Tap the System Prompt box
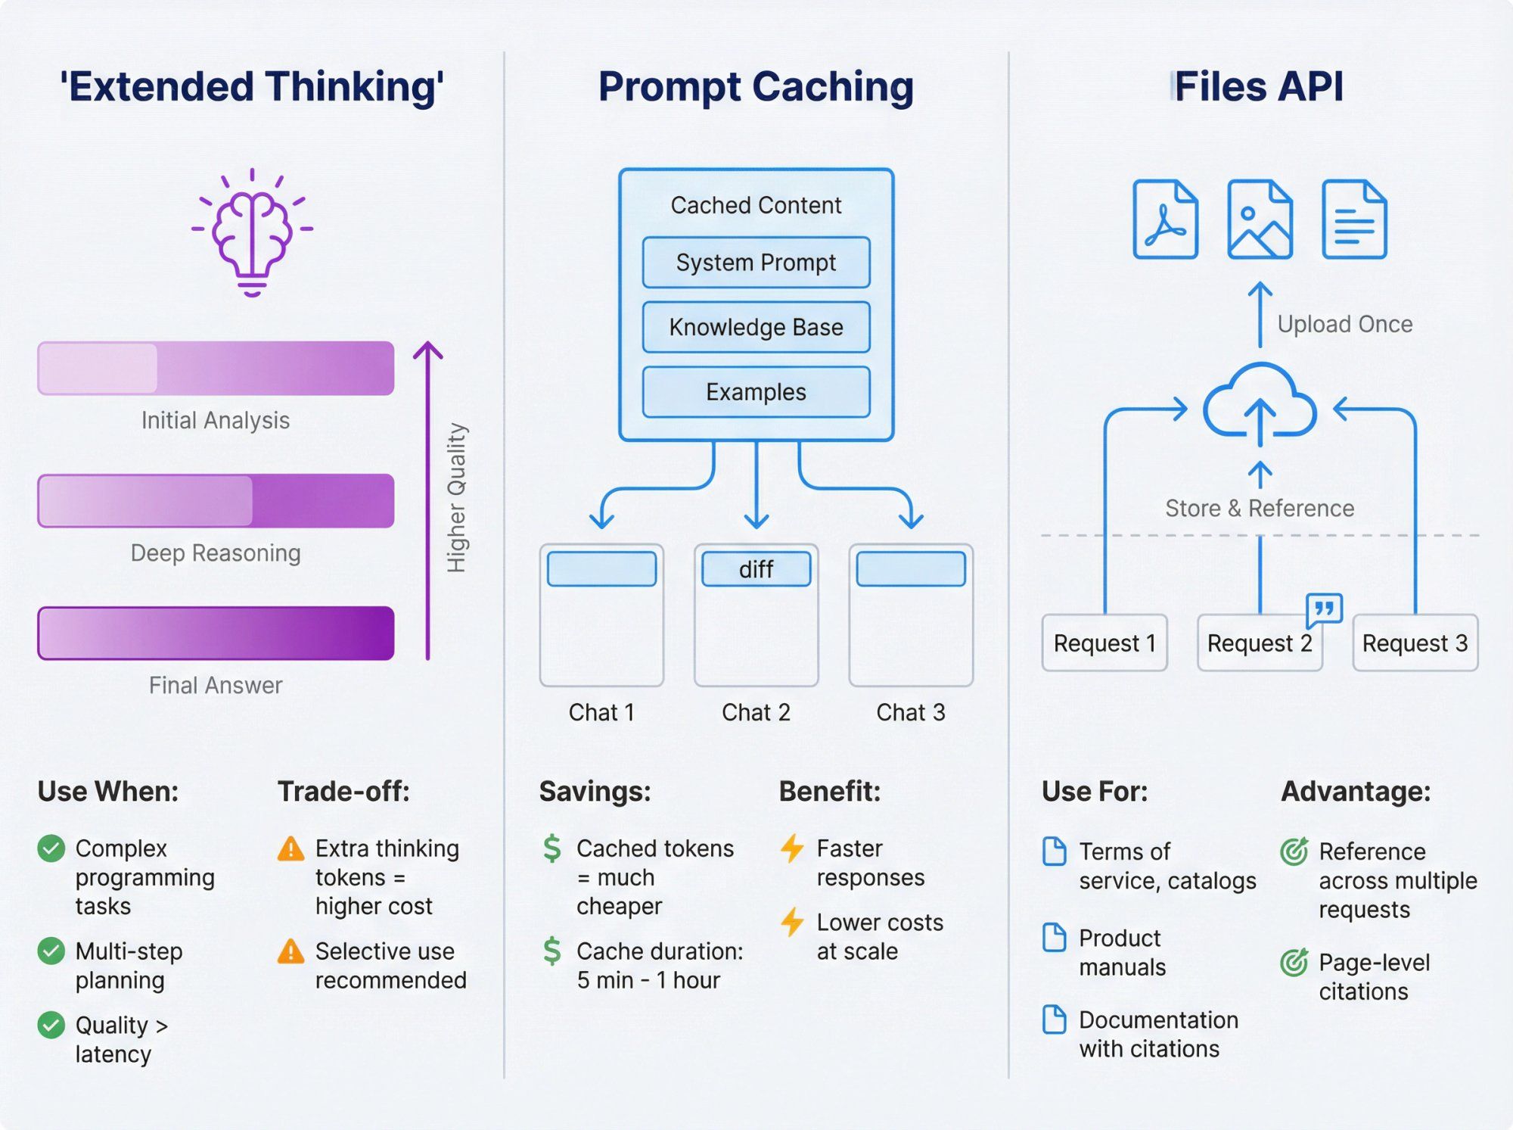point(756,263)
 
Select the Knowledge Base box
point(756,327)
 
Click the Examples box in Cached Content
point(756,392)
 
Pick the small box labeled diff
point(756,569)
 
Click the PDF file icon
point(1165,219)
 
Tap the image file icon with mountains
point(1259,219)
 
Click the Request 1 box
point(1104,643)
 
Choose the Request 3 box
point(1415,643)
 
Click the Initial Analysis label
point(216,420)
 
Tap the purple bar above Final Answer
point(216,633)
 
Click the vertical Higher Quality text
point(456,497)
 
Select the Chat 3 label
point(910,712)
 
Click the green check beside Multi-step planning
point(51,951)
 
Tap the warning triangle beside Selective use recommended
point(290,951)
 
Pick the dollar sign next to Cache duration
point(552,951)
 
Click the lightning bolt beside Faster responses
point(792,848)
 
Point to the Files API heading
point(1258,86)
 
